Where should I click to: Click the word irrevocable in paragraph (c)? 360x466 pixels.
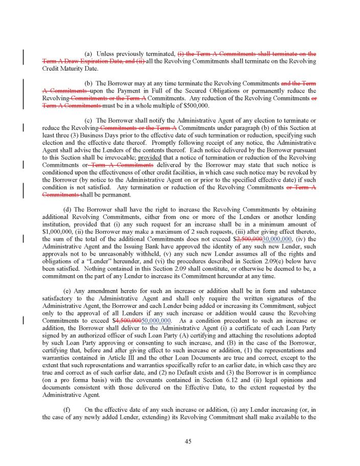(120, 158)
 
